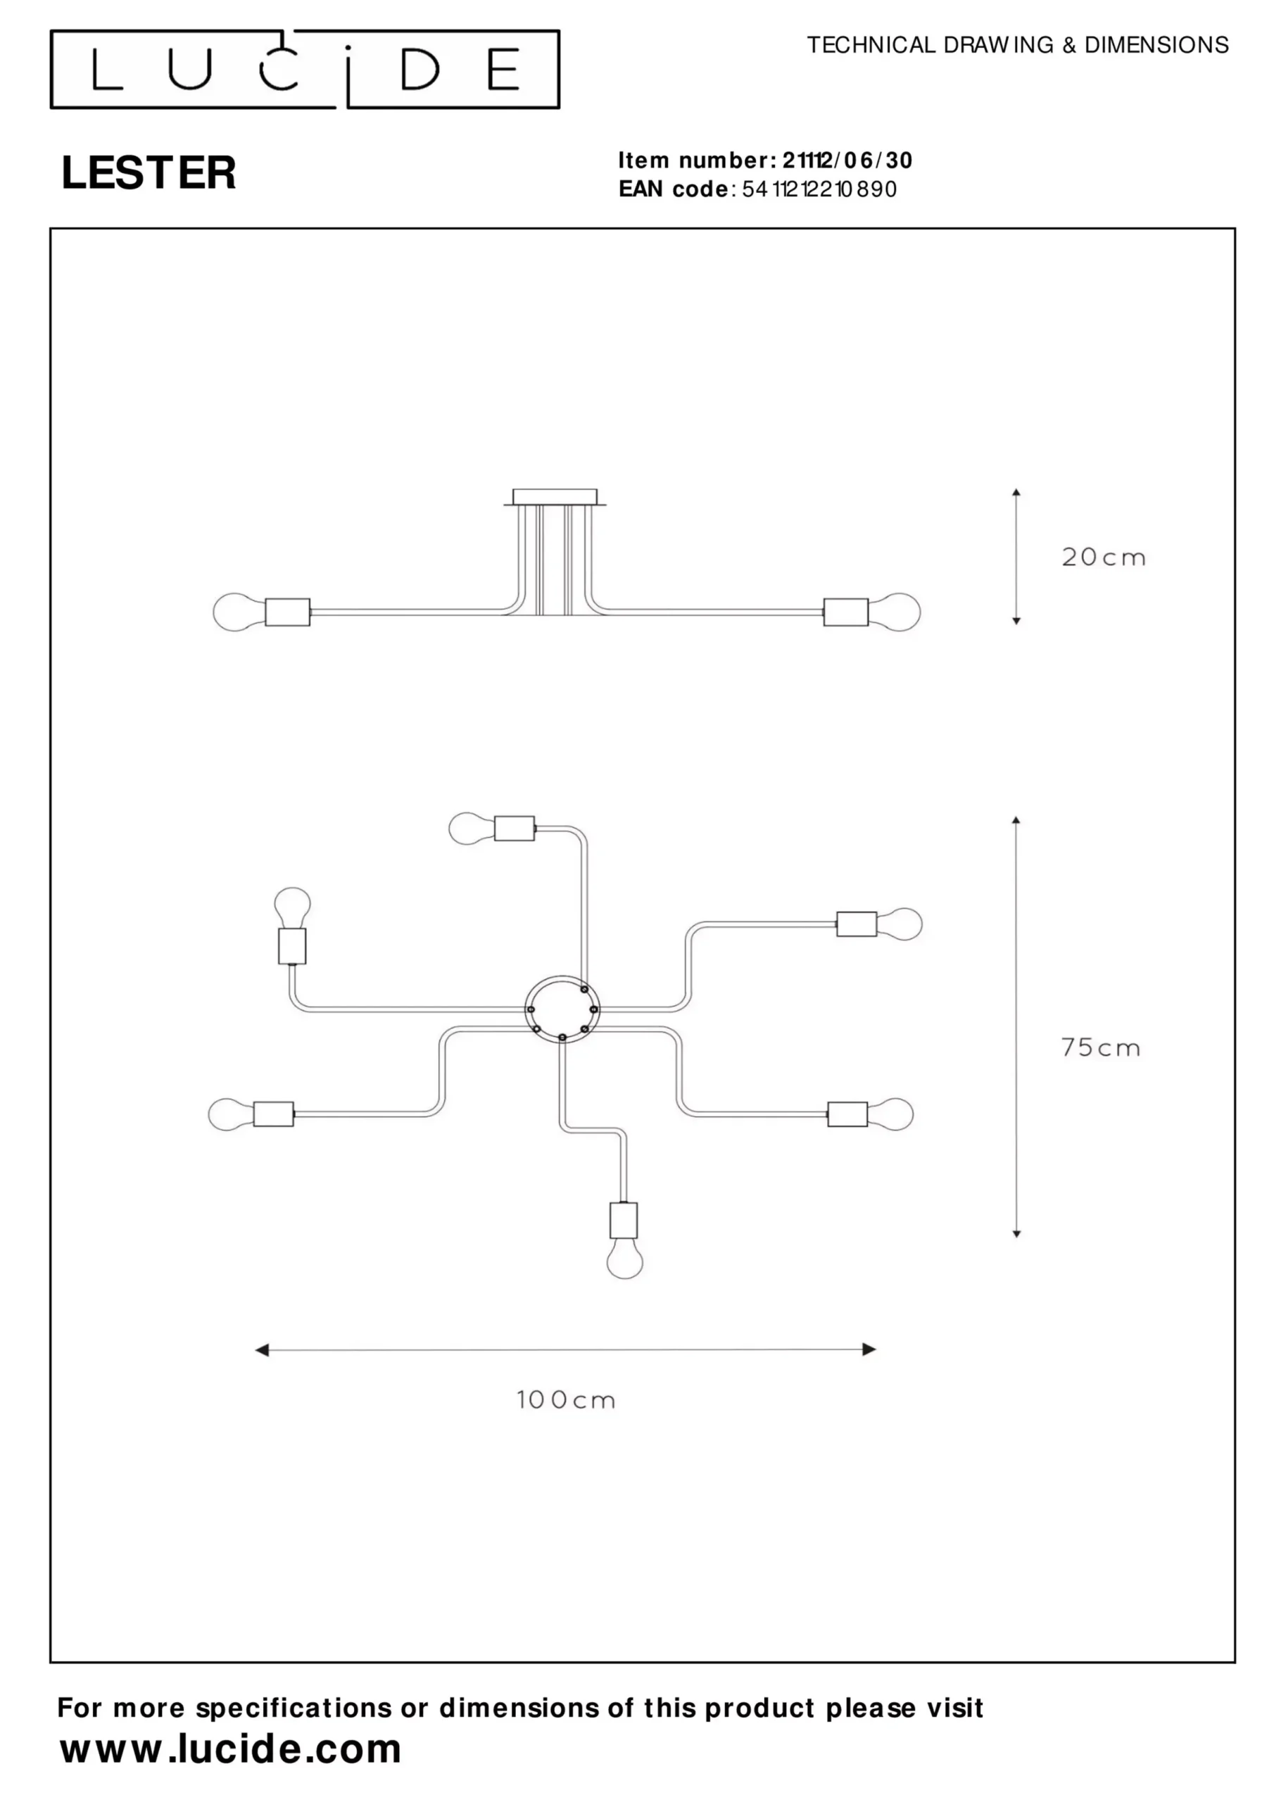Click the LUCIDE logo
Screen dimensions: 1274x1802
pyautogui.click(x=305, y=69)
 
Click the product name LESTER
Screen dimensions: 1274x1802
pyautogui.click(x=149, y=172)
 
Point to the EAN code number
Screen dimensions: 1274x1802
pyautogui.click(x=819, y=189)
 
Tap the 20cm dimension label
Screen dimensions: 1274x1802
pyautogui.click(x=1103, y=557)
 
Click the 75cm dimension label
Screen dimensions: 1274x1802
pyautogui.click(x=1101, y=1048)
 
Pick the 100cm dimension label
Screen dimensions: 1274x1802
pyautogui.click(x=565, y=1399)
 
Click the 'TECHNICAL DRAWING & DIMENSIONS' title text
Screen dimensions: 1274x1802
pyautogui.click(x=1017, y=45)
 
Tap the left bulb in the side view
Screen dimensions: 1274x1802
pyautogui.click(x=239, y=612)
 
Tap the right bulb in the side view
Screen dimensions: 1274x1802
pyautogui.click(x=894, y=612)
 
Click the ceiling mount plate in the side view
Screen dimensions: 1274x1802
pyautogui.click(x=554, y=498)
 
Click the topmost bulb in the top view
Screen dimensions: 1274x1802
pyautogui.click(x=471, y=828)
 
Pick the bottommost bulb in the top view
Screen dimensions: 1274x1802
pyautogui.click(x=625, y=1261)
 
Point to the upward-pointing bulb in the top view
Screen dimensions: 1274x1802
pyautogui.click(x=292, y=908)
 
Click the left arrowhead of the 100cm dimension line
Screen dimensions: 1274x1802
pyautogui.click(x=262, y=1350)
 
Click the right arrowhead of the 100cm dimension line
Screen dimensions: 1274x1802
pyautogui.click(x=869, y=1349)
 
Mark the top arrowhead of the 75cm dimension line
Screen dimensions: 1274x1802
pyautogui.click(x=1016, y=820)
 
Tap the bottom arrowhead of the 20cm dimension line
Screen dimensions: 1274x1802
pyautogui.click(x=1016, y=621)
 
